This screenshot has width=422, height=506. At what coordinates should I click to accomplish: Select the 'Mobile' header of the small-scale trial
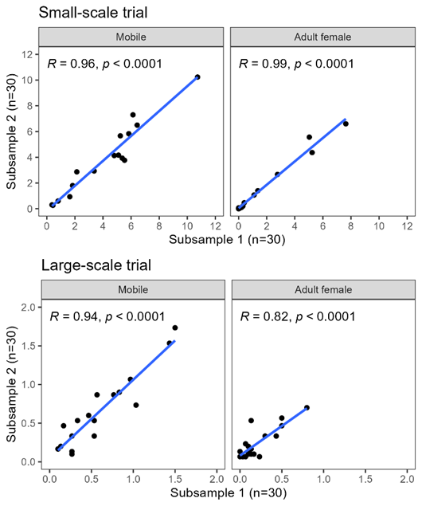(131, 37)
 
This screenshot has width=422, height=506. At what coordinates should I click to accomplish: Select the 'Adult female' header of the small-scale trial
(322, 37)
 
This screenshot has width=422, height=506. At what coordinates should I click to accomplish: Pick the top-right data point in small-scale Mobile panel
(197, 77)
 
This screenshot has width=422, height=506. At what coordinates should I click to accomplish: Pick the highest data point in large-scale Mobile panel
(175, 328)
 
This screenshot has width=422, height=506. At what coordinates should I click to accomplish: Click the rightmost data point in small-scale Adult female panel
(346, 124)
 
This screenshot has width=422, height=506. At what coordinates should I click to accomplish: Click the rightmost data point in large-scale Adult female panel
(307, 407)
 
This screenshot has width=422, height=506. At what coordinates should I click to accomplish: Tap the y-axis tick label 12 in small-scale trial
(29, 54)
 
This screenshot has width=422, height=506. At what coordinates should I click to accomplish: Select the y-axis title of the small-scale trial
(12, 131)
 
